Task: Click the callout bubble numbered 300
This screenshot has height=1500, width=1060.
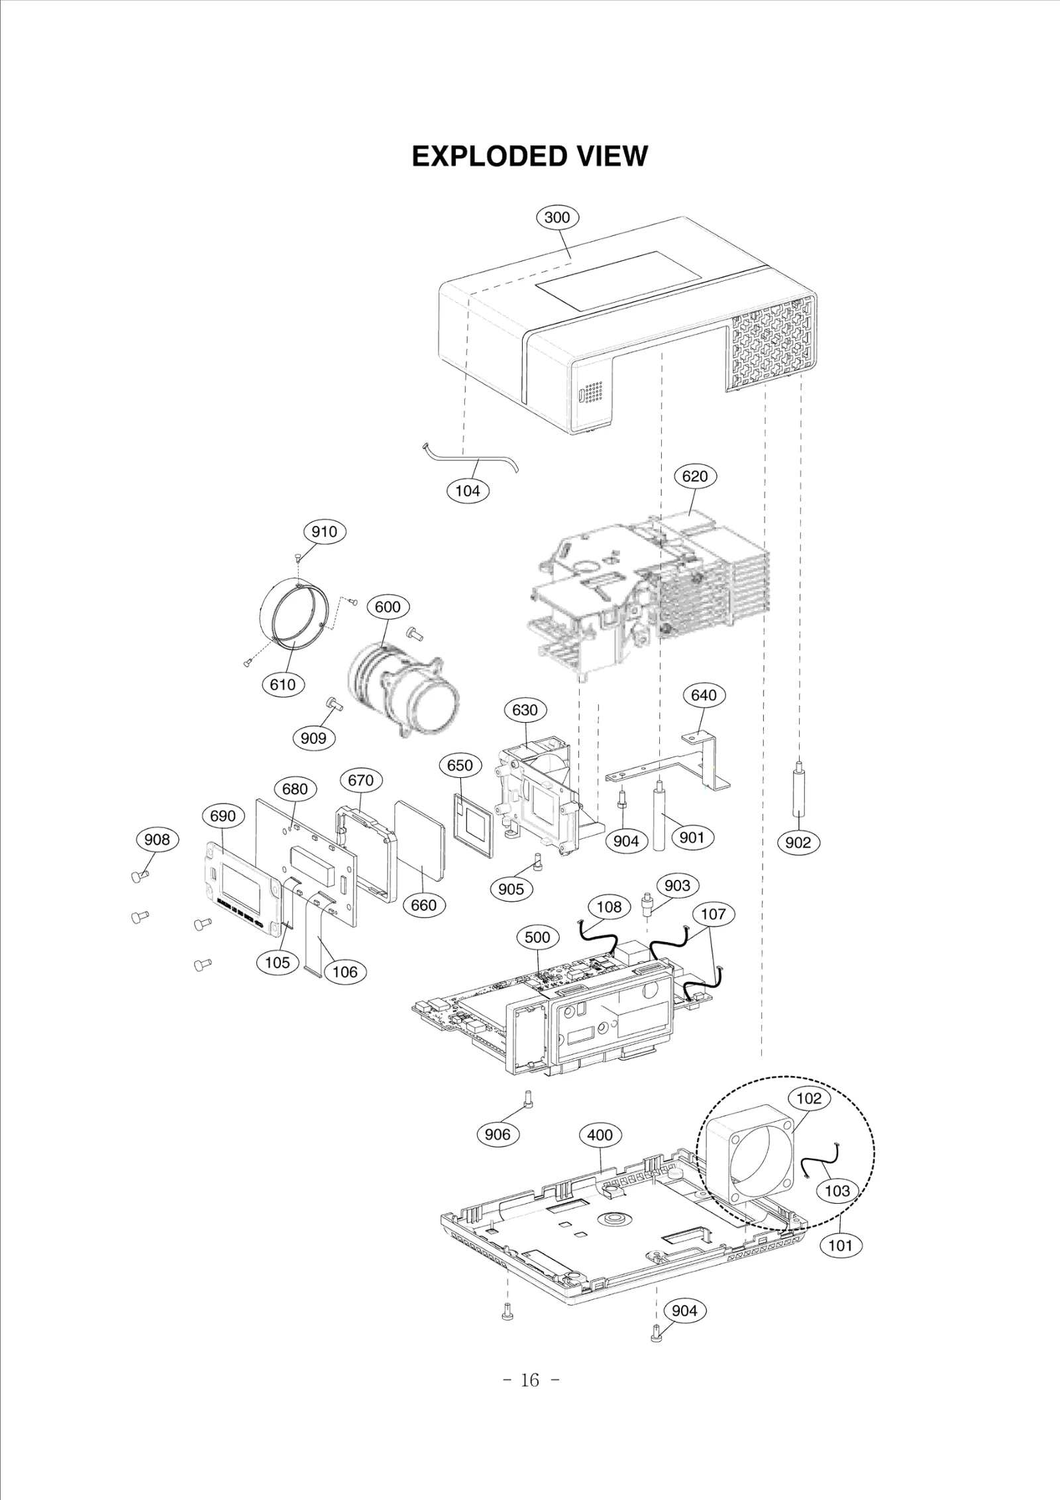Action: (556, 217)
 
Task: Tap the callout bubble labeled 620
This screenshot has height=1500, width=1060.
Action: (695, 476)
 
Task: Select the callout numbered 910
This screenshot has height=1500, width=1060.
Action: (324, 531)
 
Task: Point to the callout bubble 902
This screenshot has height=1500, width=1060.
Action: (798, 842)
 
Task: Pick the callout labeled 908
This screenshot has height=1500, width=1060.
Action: (157, 839)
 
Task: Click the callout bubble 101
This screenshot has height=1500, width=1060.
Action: (840, 1245)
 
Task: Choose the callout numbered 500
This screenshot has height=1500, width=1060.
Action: (537, 938)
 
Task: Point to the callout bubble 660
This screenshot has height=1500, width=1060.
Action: (424, 905)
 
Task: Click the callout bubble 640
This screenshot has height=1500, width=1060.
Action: (704, 695)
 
